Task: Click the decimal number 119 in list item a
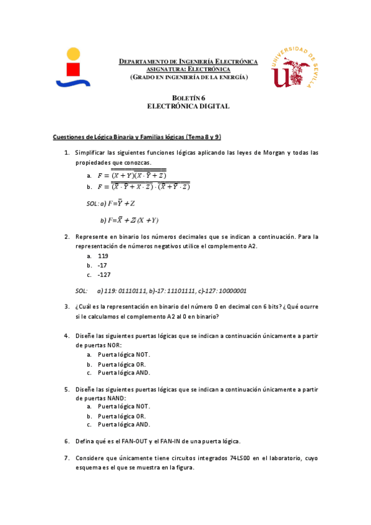103,255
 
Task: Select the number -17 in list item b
102,265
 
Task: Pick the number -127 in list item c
104,275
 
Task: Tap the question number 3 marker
66,306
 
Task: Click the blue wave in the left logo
73,82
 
